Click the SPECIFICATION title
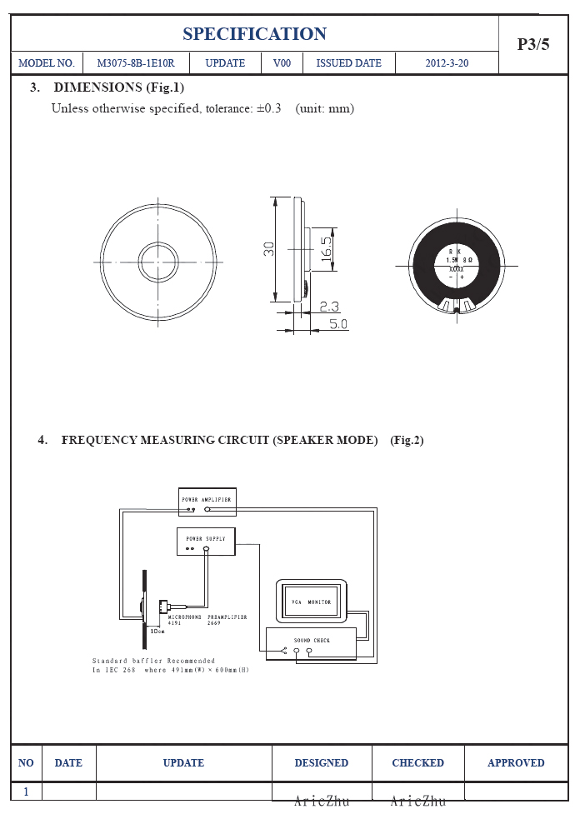(254, 34)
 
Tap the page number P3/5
(533, 45)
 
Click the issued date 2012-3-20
(447, 63)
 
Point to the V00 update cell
(282, 63)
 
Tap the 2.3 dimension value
(329, 307)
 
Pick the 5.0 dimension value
(337, 323)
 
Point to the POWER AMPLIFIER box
(207, 501)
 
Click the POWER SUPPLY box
(206, 541)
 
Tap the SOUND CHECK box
(312, 642)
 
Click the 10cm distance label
(157, 631)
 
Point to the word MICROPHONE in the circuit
(186, 617)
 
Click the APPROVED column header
(516, 762)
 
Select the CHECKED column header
(417, 762)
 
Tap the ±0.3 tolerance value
(267, 108)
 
